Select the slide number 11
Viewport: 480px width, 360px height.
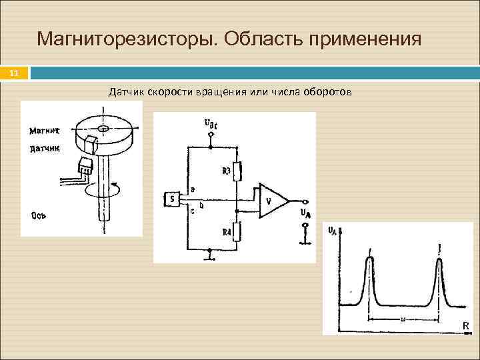coord(15,73)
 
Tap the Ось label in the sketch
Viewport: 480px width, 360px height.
coord(38,215)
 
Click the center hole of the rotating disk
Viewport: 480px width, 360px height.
coord(103,127)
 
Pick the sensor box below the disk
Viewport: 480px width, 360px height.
coord(85,165)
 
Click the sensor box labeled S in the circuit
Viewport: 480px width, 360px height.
coord(171,199)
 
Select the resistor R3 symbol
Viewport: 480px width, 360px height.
coord(237,172)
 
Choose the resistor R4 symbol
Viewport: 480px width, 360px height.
coord(237,232)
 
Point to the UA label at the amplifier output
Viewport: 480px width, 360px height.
coord(305,214)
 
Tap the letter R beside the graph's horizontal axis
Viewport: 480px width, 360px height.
coord(465,325)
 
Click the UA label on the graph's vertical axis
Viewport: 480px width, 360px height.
coord(333,231)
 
